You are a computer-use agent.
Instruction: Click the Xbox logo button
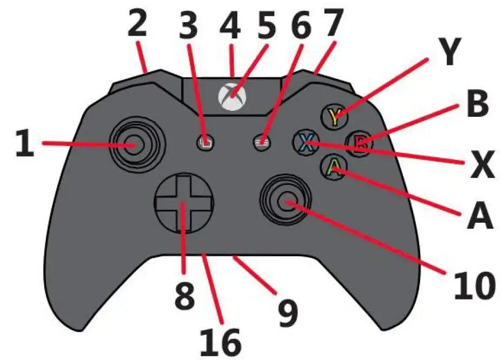231,96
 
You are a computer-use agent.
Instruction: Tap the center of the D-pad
183,204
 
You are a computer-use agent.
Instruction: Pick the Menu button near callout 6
261,142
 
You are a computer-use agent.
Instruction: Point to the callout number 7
333,24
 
